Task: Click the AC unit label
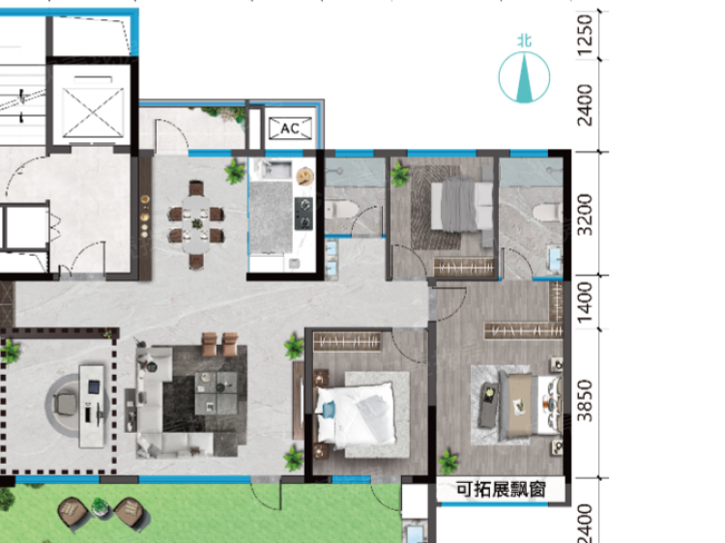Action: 290,128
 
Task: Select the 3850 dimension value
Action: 586,401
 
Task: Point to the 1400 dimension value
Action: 586,302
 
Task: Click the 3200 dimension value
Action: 586,214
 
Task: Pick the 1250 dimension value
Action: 586,36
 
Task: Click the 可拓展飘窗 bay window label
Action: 501,490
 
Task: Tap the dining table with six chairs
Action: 196,224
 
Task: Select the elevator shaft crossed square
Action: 94,112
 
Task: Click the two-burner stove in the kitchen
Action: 304,214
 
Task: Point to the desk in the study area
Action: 92,406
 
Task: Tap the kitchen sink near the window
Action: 276,169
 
